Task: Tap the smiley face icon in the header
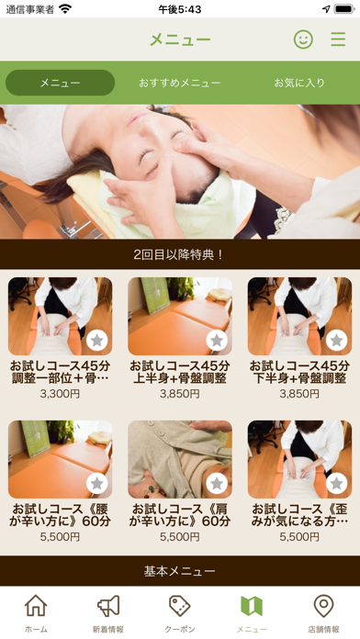pyautogui.click(x=303, y=39)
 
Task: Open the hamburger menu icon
pyautogui.click(x=338, y=39)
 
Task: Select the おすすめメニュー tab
pyautogui.click(x=180, y=83)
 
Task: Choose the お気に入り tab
pyautogui.click(x=299, y=83)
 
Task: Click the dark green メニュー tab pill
pyautogui.click(x=60, y=83)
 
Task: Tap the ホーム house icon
pyautogui.click(x=36, y=606)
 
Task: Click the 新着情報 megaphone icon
pyautogui.click(x=108, y=606)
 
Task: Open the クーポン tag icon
pyautogui.click(x=180, y=606)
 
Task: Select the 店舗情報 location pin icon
pyautogui.click(x=323, y=606)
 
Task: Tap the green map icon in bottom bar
pyautogui.click(x=252, y=606)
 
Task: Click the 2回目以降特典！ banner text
pyautogui.click(x=179, y=254)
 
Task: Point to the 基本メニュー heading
pyautogui.click(x=179, y=571)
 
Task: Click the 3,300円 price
pyautogui.click(x=60, y=394)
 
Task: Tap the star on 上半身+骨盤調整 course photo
pyautogui.click(x=217, y=341)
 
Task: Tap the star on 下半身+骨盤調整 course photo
pyautogui.click(x=337, y=341)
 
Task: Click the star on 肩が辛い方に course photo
pyautogui.click(x=217, y=484)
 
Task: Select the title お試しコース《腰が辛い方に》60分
pyautogui.click(x=60, y=515)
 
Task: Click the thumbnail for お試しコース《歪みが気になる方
pyautogui.click(x=299, y=459)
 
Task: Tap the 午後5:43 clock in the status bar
pyautogui.click(x=180, y=9)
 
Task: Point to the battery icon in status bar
pyautogui.click(x=344, y=9)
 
